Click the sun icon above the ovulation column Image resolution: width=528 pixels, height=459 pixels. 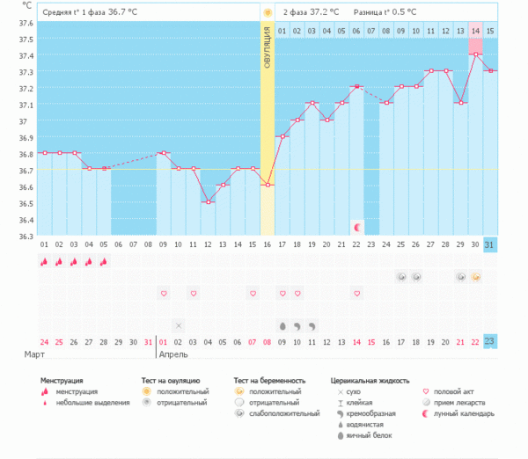[x=267, y=12]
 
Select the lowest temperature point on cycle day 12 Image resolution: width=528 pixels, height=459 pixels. [x=208, y=202]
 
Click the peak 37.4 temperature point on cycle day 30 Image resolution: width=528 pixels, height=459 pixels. [x=475, y=55]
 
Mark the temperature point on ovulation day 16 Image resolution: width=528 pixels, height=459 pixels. [x=267, y=185]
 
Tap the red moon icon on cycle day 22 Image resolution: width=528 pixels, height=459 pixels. [x=356, y=227]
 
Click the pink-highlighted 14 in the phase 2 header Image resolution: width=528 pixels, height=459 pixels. [x=475, y=32]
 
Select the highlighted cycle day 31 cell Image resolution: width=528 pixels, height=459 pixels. [x=490, y=244]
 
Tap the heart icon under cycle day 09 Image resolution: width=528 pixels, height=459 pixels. [x=163, y=293]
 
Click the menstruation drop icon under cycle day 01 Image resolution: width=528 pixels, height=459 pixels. [x=44, y=261]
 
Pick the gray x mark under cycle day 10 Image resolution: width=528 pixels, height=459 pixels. [x=178, y=325]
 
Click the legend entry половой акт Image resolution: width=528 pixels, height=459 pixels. [x=453, y=391]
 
